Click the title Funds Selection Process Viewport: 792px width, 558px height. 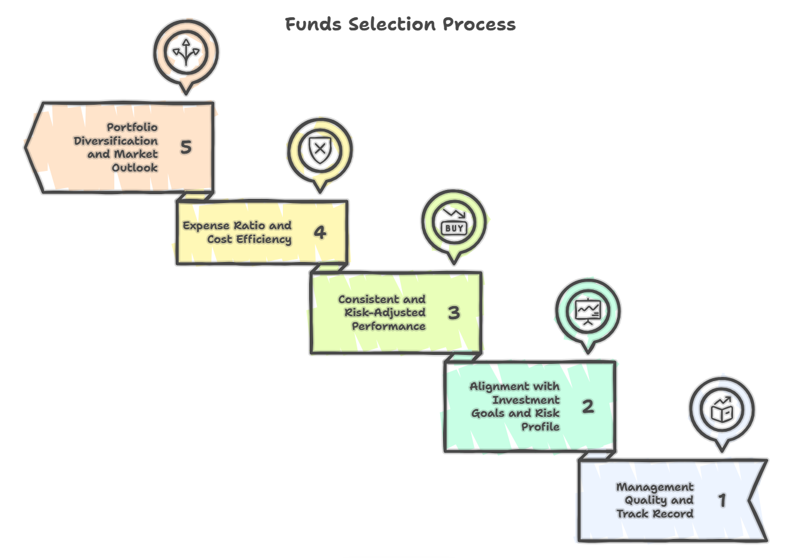400,24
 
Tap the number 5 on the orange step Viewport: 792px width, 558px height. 186,147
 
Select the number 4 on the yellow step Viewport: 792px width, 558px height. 320,232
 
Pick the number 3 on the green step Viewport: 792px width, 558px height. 454,312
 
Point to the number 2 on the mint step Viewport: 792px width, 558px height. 588,406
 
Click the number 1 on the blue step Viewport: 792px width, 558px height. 722,500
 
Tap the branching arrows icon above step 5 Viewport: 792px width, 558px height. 186,52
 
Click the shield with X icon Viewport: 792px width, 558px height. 320,149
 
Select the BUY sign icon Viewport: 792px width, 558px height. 454,222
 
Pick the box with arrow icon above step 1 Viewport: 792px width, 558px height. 722,410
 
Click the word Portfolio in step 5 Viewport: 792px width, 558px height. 132,127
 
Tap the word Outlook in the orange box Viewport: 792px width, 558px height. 135,168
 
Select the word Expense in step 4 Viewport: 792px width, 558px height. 206,226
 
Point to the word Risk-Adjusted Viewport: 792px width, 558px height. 385,313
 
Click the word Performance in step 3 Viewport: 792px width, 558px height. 388,326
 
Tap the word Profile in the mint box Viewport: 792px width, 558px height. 540,427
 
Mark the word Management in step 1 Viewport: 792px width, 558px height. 654,487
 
